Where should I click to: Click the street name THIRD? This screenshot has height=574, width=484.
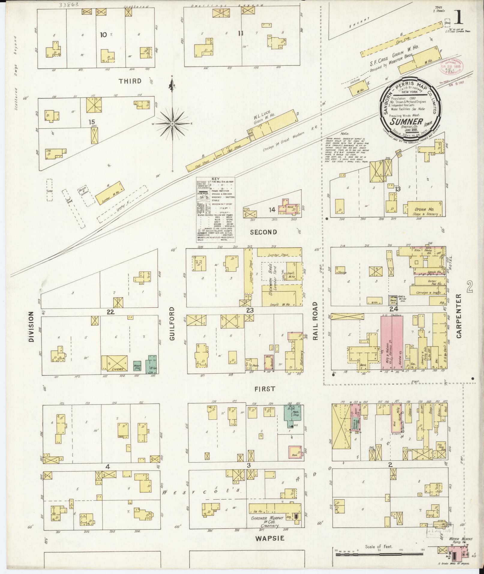coord(130,81)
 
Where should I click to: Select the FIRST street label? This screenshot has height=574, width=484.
coord(265,389)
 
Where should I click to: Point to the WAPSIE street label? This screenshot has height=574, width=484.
coord(269,538)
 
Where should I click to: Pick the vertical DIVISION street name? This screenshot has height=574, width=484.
coord(32,326)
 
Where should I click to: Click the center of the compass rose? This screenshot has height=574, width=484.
coord(173,124)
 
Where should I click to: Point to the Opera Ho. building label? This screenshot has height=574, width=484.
coord(422,209)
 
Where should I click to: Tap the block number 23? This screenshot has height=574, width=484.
coord(250,311)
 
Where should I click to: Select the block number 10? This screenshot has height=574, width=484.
coord(104,35)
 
